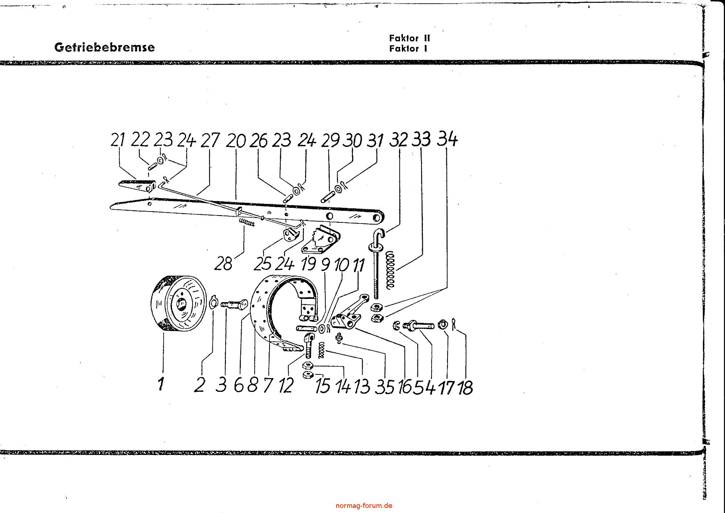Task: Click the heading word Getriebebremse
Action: pos(104,48)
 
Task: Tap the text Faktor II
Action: pos(409,38)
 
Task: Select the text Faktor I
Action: pos(408,49)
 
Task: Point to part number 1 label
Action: pos(161,384)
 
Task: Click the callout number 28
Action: pos(223,263)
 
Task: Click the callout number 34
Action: pos(447,139)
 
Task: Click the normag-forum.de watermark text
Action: pos(364,505)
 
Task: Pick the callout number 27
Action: pos(210,141)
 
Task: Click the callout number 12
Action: pos(286,385)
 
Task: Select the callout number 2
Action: pos(199,385)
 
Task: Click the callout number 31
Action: pos(376,140)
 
